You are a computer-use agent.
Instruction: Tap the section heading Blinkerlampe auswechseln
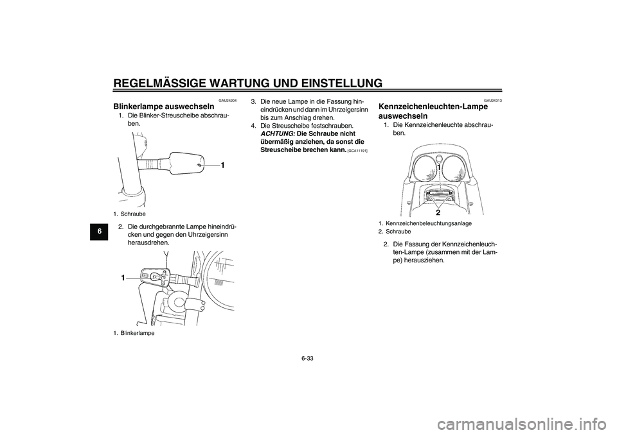pos(165,106)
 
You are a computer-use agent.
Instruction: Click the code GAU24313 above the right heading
pos(493,101)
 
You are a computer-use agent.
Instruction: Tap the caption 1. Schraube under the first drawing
pos(130,213)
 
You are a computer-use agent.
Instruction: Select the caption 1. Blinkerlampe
pos(134,332)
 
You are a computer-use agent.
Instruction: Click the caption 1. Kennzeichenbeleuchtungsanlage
pos(425,223)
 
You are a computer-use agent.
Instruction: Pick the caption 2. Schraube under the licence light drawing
pos(395,230)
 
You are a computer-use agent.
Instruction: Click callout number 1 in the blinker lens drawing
pos(222,166)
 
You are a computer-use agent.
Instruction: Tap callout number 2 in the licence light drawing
pos(438,211)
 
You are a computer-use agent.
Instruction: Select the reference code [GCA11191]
pos(361,150)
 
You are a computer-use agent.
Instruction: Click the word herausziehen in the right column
pos(422,260)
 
